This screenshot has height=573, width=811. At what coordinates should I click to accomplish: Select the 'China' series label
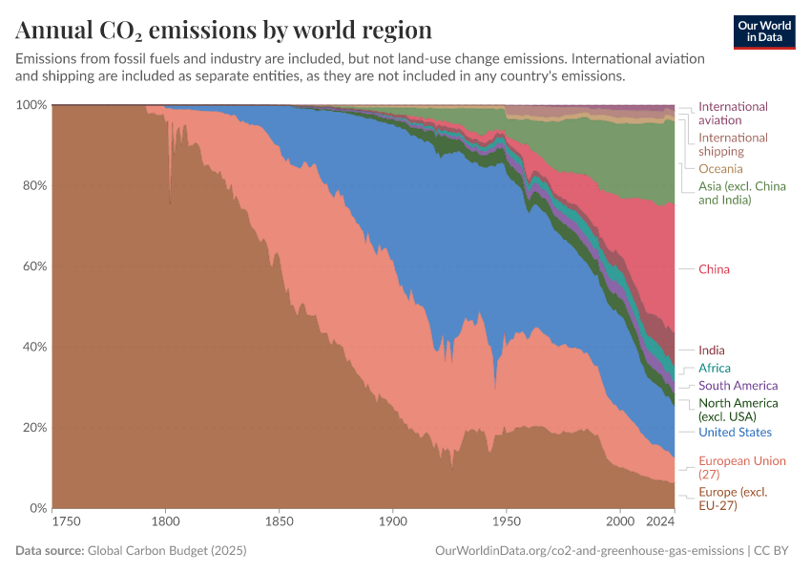tap(714, 269)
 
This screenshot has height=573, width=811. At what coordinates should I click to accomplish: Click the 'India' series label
tap(711, 350)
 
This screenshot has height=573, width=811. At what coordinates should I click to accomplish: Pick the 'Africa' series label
tap(715, 369)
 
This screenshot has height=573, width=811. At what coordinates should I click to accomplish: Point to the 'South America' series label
tap(738, 386)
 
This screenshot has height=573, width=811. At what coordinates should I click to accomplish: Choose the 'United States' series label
tap(735, 433)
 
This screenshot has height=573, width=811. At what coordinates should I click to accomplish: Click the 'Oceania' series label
tap(720, 169)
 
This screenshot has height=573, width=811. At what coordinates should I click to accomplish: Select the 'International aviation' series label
tap(733, 114)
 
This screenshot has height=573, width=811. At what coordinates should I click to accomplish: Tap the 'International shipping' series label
tap(733, 144)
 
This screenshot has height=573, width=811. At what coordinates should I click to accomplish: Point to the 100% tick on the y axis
tap(31, 104)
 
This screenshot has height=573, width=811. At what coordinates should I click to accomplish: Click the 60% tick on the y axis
tap(33, 265)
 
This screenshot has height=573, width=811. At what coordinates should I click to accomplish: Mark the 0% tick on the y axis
tap(36, 508)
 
